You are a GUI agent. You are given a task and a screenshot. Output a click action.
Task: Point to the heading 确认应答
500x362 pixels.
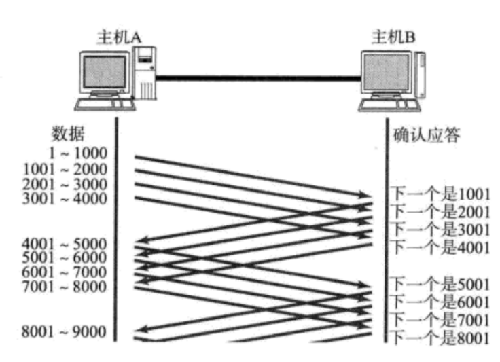pos(427,136)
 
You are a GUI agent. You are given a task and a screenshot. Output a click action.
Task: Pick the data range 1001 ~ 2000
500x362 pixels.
pos(65,170)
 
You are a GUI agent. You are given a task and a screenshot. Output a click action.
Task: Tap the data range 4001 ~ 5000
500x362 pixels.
pos(65,244)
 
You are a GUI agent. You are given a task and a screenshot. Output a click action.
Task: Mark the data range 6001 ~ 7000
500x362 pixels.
pos(65,272)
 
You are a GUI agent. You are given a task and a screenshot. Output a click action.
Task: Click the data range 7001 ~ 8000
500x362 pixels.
pos(65,286)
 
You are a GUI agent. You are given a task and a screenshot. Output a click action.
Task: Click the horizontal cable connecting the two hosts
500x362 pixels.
pos(258,79)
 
